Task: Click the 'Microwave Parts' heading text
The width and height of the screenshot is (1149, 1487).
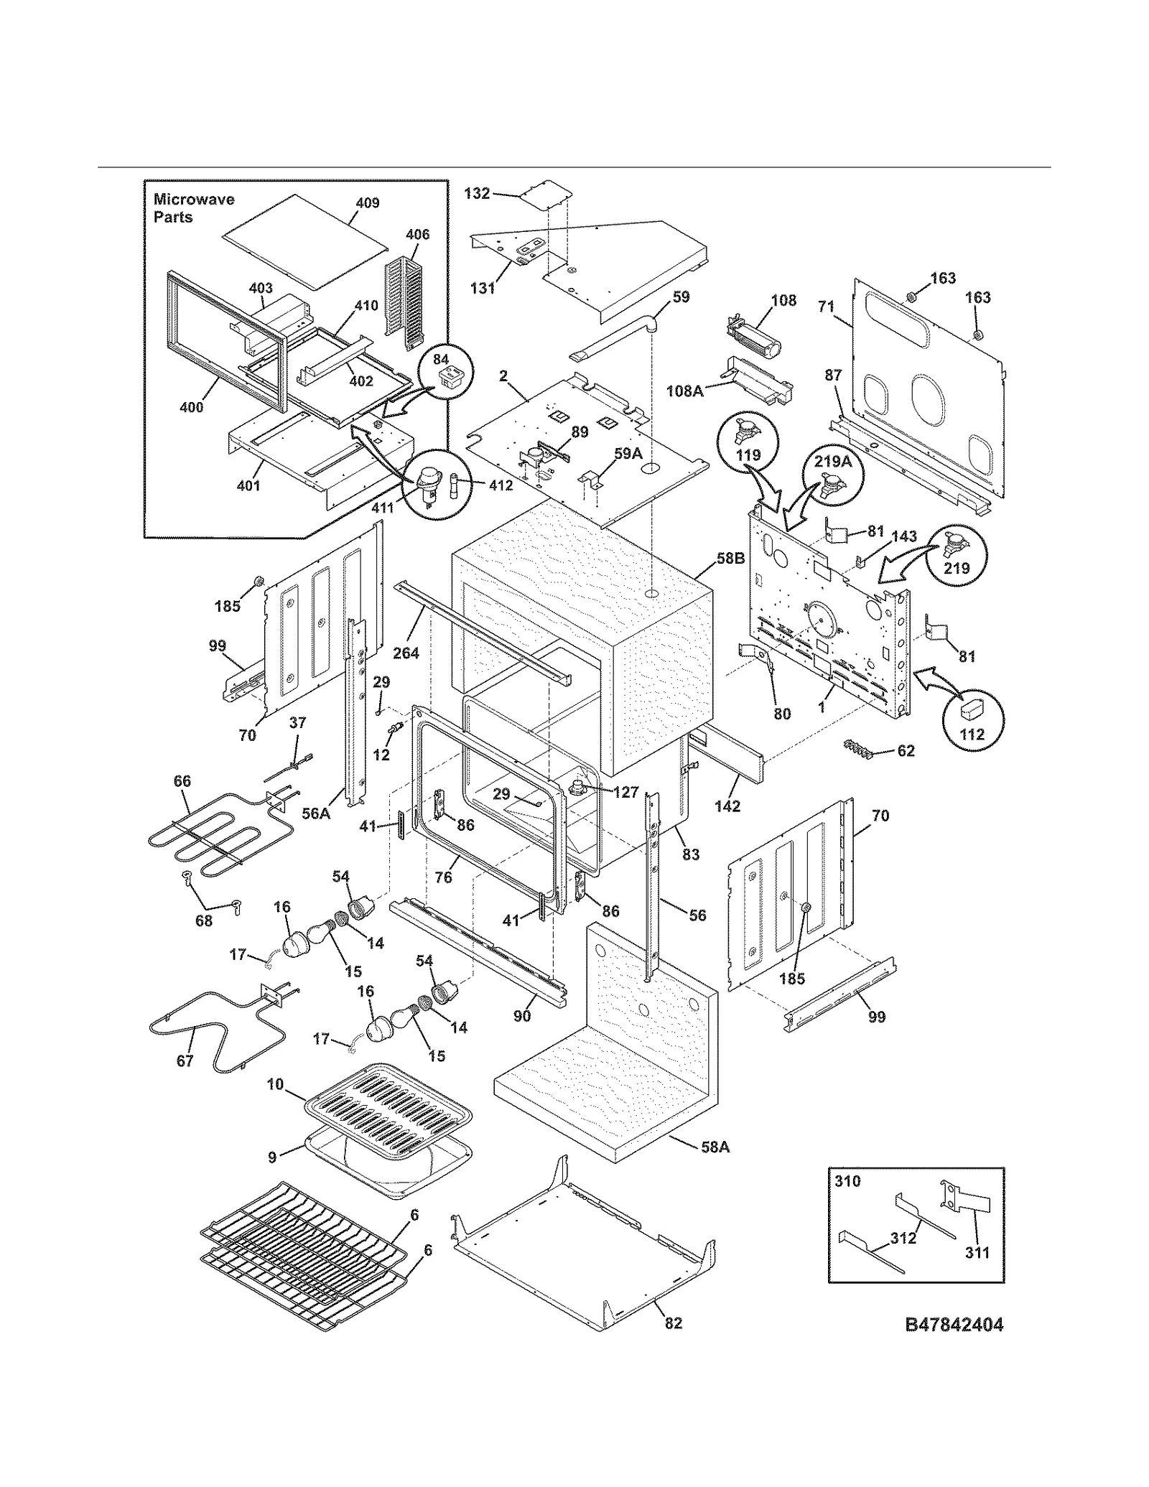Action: (194, 208)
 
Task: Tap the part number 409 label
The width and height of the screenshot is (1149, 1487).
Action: (367, 203)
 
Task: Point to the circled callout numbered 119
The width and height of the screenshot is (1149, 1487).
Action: (748, 444)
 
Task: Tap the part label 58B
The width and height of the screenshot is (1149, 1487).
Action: (730, 558)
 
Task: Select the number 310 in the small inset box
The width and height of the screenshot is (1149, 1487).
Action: (847, 1181)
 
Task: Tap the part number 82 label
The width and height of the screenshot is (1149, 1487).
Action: (673, 1323)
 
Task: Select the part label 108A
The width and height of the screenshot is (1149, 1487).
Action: (684, 391)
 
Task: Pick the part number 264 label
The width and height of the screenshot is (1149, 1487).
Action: (406, 653)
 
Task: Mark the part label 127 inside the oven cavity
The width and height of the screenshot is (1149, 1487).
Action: (625, 792)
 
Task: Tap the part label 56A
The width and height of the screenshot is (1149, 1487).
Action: (315, 814)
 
